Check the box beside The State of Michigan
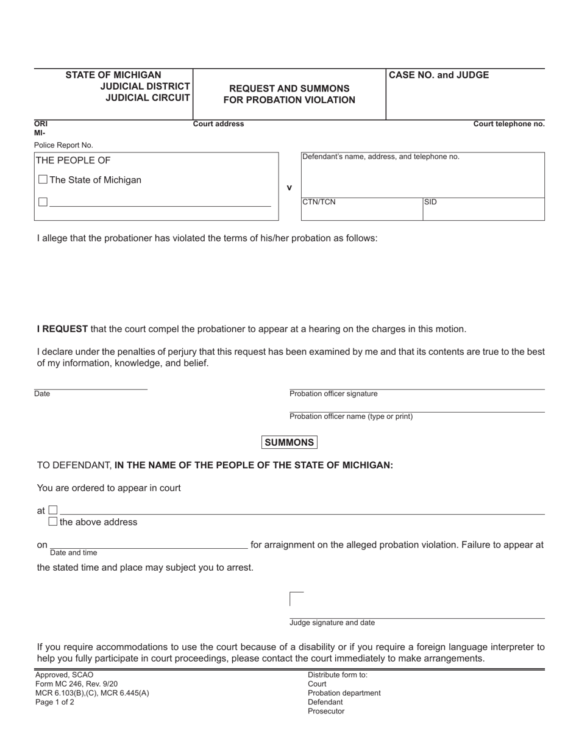pos(43,180)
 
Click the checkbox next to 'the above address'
pos(53,522)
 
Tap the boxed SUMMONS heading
pos(289,443)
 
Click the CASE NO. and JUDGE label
pos(439,76)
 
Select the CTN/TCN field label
pos(319,202)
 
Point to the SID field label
pos(430,202)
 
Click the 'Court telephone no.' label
pos(509,124)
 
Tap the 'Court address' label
pos(218,124)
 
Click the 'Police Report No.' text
pos(63,145)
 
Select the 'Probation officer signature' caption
pos(333,394)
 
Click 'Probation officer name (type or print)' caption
pos(351,416)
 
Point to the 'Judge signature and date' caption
pos(332,623)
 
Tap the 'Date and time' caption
pos(73,553)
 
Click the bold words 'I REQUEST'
pos(62,329)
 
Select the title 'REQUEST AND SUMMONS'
pos(289,88)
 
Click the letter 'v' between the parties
pos(289,188)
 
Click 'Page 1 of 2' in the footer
pos(55,702)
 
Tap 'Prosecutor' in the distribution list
pos(326,712)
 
